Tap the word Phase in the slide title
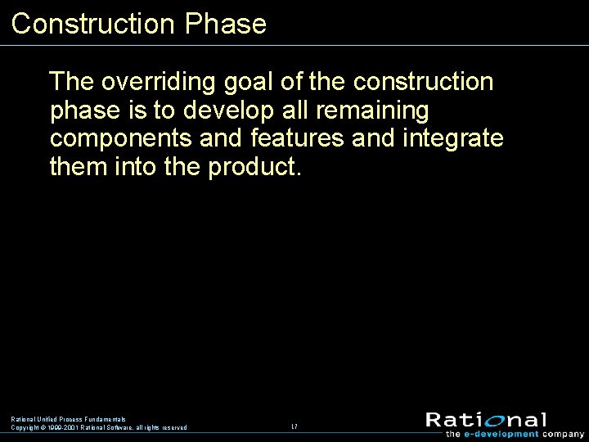[x=226, y=24]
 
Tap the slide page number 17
[x=294, y=426]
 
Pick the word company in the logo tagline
[x=564, y=434]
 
